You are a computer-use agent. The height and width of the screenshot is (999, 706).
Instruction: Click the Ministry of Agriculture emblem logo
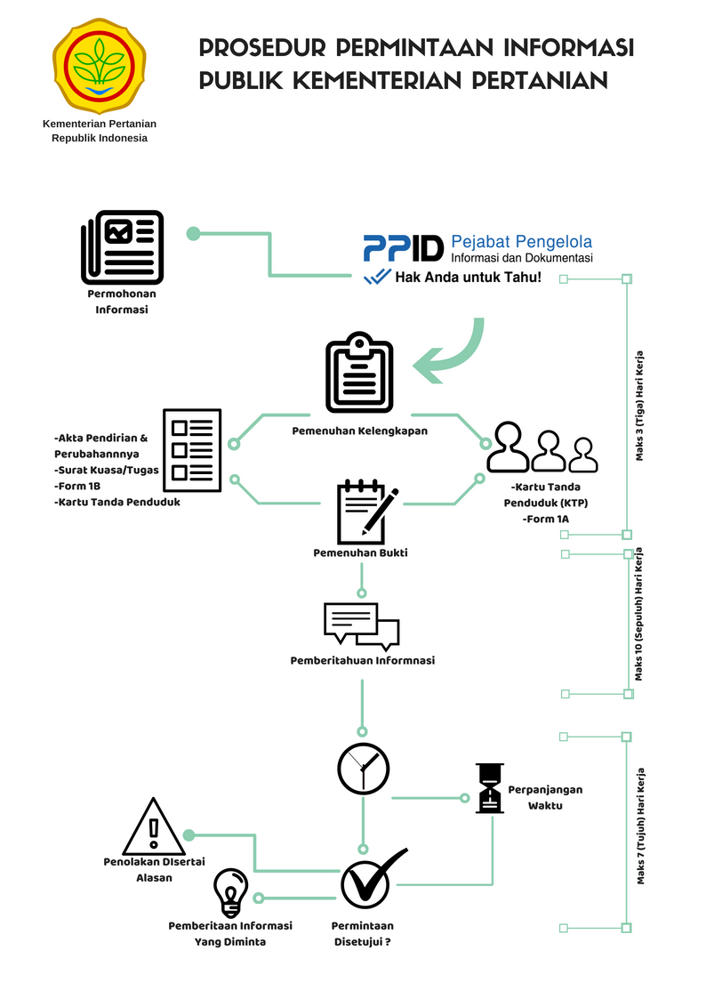[x=100, y=66]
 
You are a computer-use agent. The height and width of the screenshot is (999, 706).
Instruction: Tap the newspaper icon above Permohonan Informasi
[x=122, y=247]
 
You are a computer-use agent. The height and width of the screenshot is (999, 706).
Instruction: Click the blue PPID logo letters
[x=403, y=248]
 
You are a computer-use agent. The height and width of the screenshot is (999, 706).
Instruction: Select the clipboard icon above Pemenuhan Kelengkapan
[x=359, y=372]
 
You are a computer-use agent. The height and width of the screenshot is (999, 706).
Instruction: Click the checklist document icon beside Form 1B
[x=192, y=450]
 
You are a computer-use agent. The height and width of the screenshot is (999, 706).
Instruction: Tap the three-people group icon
[x=542, y=447]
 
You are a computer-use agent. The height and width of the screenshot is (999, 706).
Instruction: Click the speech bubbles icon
[x=362, y=625]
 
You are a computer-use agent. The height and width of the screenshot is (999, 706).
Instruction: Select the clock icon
[x=363, y=769]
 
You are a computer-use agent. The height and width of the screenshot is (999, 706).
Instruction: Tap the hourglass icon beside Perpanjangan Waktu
[x=490, y=788]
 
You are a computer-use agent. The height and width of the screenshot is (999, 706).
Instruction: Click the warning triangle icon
[x=154, y=826]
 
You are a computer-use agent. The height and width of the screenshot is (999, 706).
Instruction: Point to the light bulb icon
[x=230, y=892]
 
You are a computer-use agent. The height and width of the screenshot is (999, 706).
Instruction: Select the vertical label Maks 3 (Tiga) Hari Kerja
[x=639, y=406]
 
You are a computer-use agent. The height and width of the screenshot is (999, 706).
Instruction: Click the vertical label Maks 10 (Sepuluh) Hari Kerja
[x=638, y=614]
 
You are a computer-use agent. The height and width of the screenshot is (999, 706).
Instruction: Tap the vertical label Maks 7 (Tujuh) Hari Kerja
[x=640, y=826]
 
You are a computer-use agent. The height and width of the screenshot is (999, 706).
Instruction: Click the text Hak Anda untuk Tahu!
[x=468, y=278]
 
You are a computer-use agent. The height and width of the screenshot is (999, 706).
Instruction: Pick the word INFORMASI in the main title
[x=568, y=47]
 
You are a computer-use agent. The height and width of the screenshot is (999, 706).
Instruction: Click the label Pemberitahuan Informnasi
[x=362, y=661]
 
